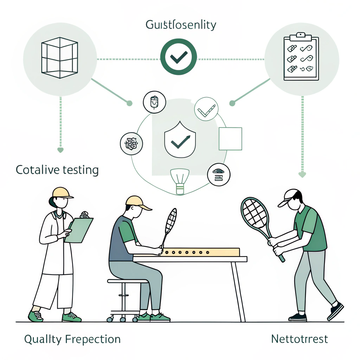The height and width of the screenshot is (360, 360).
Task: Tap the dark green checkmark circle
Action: [179, 57]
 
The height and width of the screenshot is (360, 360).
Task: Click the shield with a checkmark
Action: [180, 140]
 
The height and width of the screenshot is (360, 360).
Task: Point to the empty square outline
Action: [230, 139]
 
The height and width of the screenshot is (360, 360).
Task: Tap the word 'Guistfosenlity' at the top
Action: [181, 25]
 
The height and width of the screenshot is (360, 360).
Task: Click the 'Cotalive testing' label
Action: [57, 170]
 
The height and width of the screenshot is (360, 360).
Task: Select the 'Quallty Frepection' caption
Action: [72, 339]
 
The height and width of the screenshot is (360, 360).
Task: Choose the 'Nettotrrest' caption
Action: [300, 339]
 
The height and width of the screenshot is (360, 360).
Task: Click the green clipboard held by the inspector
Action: [79, 230]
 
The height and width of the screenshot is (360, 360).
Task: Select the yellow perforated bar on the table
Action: [200, 252]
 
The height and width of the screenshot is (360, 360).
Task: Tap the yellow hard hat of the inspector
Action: [62, 193]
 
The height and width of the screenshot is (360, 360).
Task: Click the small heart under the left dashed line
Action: [60, 150]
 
